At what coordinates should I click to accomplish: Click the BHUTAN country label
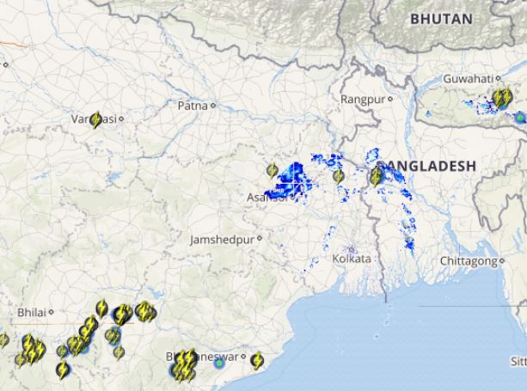[x=441, y=18]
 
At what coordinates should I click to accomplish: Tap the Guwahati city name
[x=468, y=79]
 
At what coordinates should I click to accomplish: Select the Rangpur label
[x=363, y=100]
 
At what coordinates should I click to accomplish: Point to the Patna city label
[x=192, y=106]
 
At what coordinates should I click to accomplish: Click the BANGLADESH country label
[x=426, y=165]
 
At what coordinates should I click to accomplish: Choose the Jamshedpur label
[x=222, y=240]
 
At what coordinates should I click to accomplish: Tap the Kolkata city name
[x=352, y=258]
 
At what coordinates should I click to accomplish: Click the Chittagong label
[x=468, y=260]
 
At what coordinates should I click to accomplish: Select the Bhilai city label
[x=32, y=312]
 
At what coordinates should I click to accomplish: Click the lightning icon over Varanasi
[x=95, y=120]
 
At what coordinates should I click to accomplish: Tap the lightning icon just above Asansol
[x=273, y=171]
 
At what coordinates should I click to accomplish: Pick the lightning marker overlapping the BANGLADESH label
[x=376, y=177]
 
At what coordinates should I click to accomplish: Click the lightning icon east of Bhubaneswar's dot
[x=256, y=359]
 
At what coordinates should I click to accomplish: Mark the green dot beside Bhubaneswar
[x=220, y=364]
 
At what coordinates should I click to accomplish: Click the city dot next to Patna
[x=213, y=106]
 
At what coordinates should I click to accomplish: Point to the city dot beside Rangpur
[x=389, y=100]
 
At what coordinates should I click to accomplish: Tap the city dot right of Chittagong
[x=500, y=260]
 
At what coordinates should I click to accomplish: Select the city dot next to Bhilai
[x=51, y=312]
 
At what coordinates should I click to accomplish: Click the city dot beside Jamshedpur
[x=258, y=240]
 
